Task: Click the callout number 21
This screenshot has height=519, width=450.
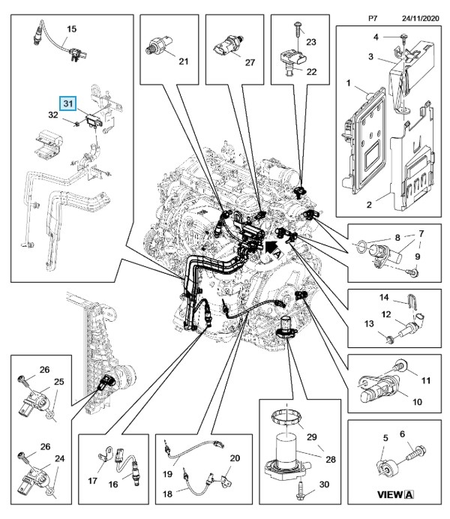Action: click(x=182, y=62)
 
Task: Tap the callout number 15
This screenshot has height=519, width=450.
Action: click(x=72, y=29)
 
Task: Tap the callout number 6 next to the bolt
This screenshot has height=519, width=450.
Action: click(x=400, y=434)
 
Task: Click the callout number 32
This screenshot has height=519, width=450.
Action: click(x=53, y=115)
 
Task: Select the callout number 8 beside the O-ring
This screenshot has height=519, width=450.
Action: click(x=399, y=238)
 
